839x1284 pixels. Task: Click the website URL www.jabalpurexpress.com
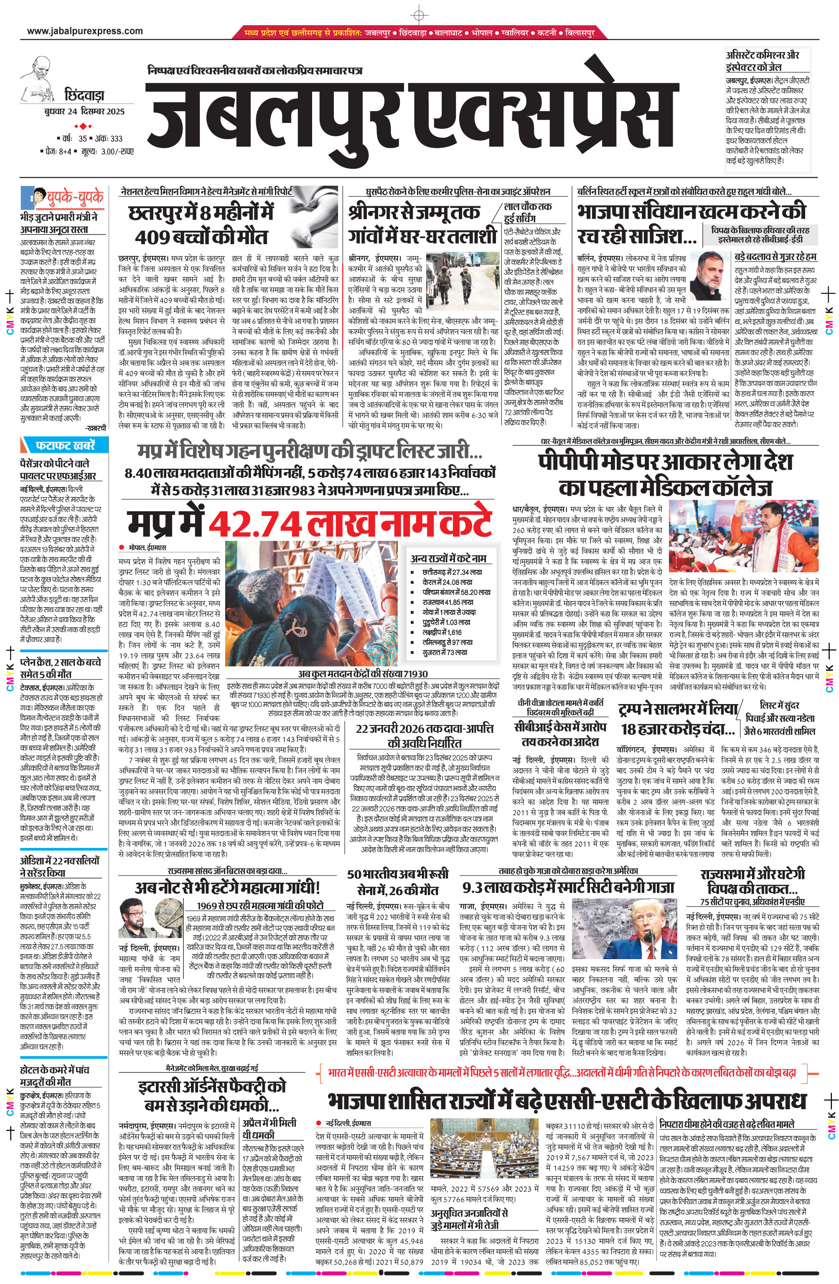pos(85,31)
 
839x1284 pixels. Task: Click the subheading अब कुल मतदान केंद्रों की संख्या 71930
pos(362,674)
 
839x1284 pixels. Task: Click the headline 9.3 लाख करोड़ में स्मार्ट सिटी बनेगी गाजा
pos(568,888)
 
